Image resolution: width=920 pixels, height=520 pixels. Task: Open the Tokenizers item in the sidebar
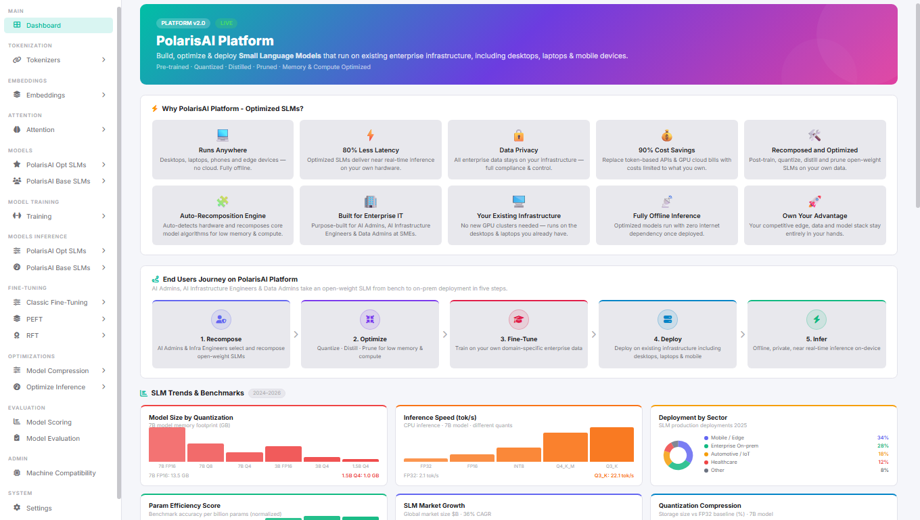pos(43,60)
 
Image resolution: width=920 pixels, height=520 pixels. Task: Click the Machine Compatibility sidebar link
pos(61,473)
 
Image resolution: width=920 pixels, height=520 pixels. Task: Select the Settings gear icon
pos(17,508)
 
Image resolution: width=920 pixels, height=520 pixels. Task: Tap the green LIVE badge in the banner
pos(227,23)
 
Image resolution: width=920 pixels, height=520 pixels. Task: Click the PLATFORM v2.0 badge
pos(183,23)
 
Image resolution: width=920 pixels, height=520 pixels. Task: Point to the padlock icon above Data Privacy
pos(518,135)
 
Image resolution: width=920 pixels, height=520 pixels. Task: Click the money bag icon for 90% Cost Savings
pos(666,135)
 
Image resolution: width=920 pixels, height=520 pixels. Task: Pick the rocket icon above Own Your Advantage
pos(814,201)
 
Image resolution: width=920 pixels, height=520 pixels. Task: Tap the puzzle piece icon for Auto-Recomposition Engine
pos(223,201)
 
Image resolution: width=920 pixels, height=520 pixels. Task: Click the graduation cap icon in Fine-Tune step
pos(518,320)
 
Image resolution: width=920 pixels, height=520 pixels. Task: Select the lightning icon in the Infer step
pos(816,320)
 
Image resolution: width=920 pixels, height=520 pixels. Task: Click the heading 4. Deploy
pos(668,339)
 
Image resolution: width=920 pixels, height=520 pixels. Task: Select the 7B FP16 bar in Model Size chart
pos(166,444)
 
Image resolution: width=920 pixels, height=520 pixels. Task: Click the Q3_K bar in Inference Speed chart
pos(612,444)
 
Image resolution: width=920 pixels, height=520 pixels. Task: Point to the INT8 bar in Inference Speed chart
pos(518,454)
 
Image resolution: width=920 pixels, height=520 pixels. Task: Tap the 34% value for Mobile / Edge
pos(883,438)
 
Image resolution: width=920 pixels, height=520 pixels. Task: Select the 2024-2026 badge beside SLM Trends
pos(267,393)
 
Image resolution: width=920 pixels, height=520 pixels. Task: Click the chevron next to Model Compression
pos(103,371)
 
